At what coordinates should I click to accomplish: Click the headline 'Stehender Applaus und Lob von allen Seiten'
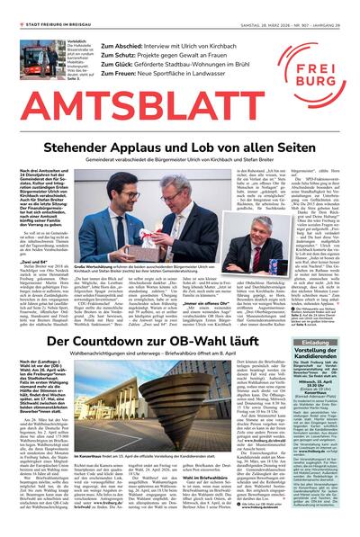point(180,148)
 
